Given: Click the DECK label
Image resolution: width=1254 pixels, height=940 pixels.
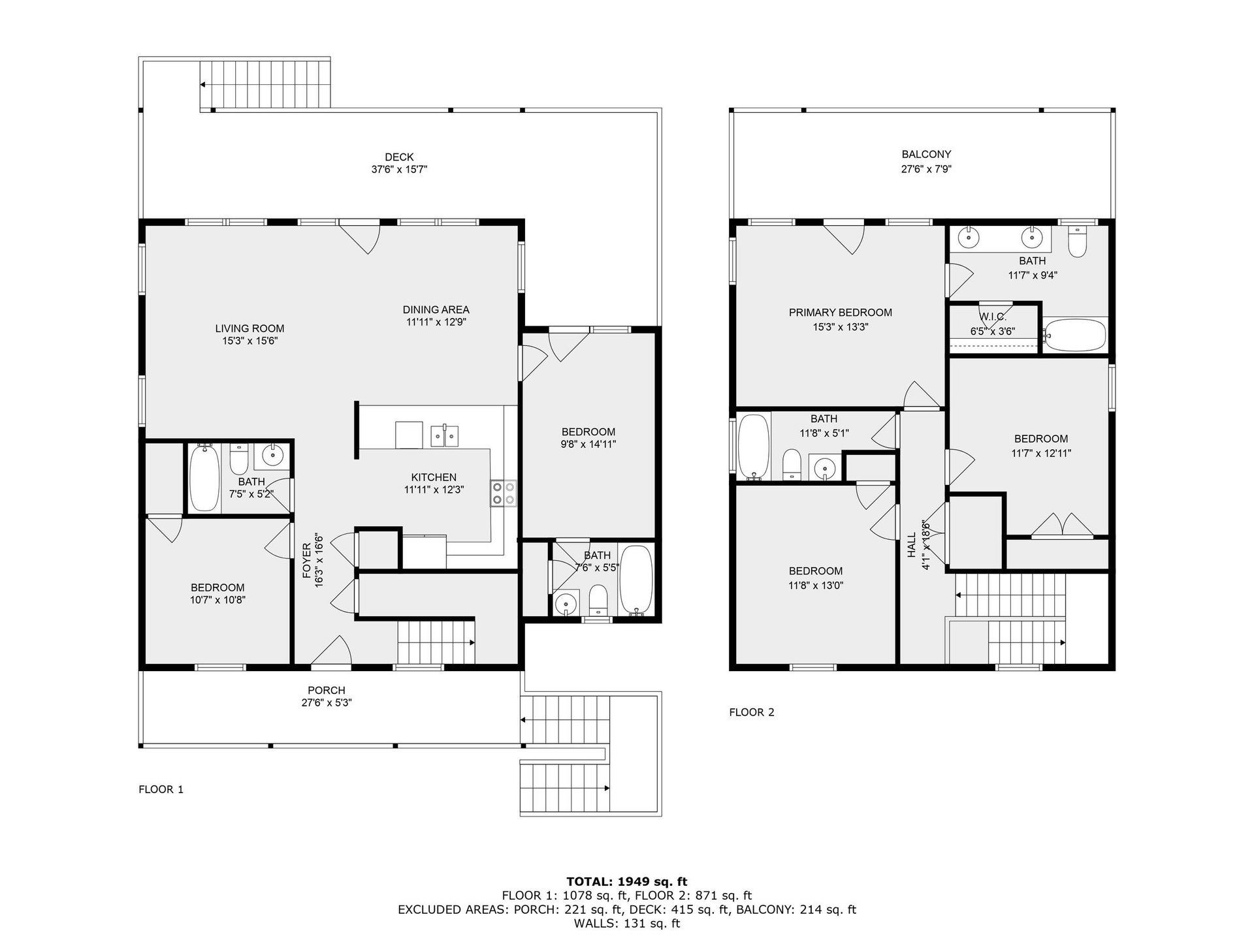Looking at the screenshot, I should tap(398, 157).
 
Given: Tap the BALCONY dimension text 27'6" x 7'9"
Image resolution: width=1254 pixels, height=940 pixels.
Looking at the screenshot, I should tap(926, 169).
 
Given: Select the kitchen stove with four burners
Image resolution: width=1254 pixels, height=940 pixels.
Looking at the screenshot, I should tap(503, 493).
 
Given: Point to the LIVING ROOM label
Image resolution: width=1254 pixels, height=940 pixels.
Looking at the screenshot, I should tap(249, 328).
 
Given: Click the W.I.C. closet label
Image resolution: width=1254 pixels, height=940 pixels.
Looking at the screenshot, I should tap(992, 317).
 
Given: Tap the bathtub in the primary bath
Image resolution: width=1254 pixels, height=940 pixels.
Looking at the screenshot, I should tap(1074, 336).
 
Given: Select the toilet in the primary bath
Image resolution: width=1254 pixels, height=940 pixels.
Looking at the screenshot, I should tap(1076, 243).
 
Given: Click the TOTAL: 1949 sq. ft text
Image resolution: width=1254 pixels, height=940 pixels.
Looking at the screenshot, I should tap(626, 882).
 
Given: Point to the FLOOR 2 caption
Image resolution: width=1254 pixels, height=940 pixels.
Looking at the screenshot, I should tap(751, 712).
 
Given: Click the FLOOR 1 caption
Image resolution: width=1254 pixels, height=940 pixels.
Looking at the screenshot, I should tap(161, 789).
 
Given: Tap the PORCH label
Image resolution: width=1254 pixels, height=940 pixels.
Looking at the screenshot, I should tap(326, 690).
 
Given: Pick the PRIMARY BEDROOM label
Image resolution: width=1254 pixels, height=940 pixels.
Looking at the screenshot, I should tap(840, 313).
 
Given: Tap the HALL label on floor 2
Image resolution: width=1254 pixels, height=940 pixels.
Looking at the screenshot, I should tap(911, 545).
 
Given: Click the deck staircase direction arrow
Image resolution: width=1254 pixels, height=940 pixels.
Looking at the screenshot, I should tap(204, 85).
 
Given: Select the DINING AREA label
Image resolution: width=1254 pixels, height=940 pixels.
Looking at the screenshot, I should tap(436, 309).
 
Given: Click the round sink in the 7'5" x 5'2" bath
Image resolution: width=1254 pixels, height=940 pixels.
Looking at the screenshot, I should tap(272, 454).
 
